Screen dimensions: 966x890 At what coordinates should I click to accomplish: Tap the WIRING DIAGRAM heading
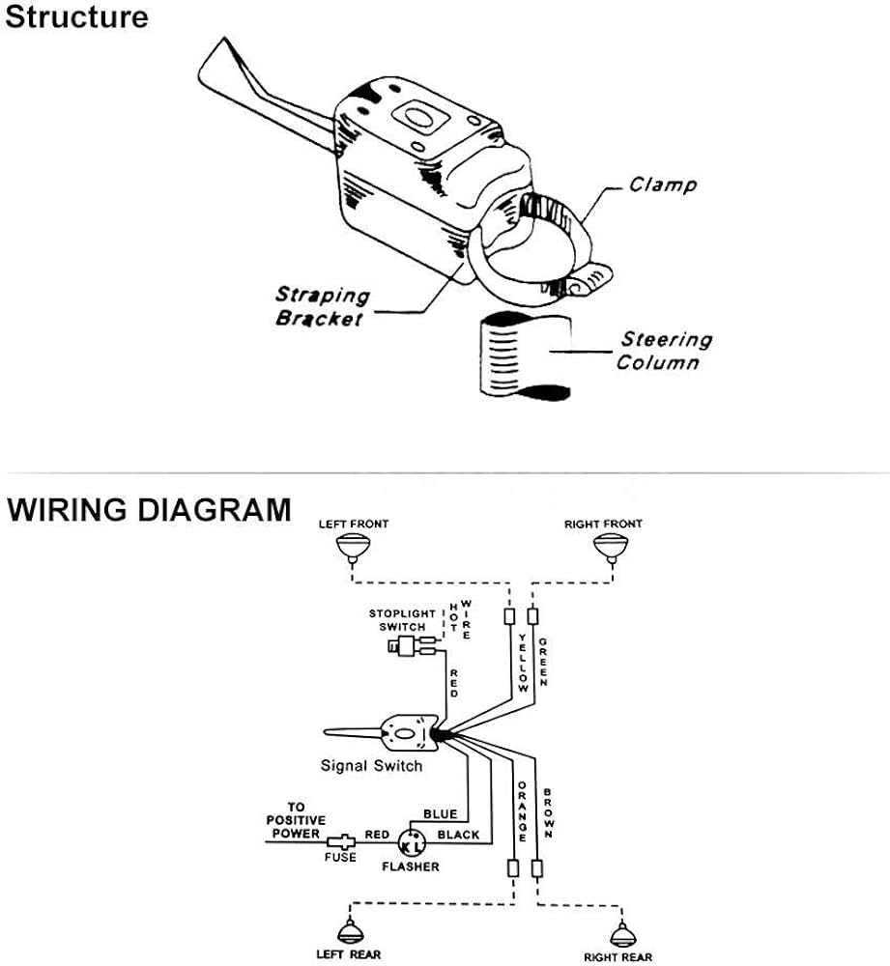(149, 509)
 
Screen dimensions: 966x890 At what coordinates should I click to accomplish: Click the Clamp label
(663, 184)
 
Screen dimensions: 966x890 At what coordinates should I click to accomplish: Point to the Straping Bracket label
(323, 306)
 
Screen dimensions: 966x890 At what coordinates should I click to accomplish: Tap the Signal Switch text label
(371, 766)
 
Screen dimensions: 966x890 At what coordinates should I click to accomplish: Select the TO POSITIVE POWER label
(296, 820)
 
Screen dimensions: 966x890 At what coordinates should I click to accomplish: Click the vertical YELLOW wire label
(523, 663)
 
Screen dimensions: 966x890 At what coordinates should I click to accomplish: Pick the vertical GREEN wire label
(545, 662)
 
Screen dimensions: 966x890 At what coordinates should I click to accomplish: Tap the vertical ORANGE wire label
(523, 811)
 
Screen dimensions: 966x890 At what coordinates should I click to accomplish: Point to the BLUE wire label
(440, 814)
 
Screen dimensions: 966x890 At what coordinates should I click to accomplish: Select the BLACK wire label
(459, 834)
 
